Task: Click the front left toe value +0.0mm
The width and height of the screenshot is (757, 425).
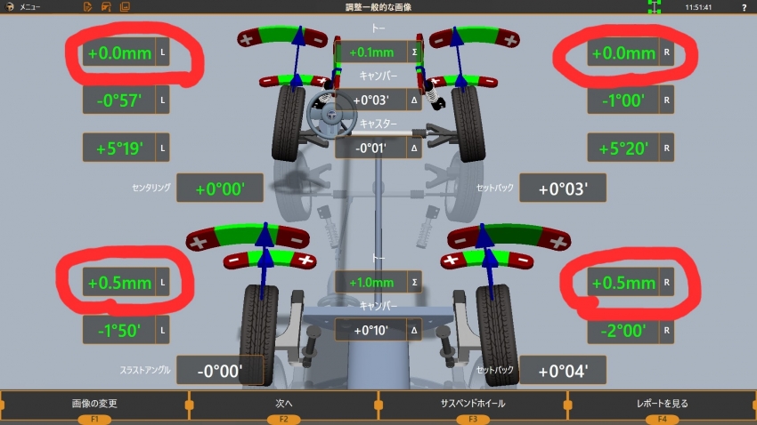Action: (119, 53)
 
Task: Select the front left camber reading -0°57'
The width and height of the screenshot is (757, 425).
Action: (119, 100)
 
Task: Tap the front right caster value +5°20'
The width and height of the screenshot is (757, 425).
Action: (623, 148)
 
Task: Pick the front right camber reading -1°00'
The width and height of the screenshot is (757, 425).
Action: (623, 100)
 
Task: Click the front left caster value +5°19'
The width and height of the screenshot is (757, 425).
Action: (119, 148)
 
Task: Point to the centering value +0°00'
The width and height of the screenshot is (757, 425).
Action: (220, 188)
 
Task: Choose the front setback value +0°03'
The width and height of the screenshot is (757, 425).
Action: (563, 188)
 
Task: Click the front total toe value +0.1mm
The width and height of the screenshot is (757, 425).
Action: (371, 52)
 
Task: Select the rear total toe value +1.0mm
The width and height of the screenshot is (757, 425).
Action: (371, 283)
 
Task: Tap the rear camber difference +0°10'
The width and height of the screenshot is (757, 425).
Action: (370, 330)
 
